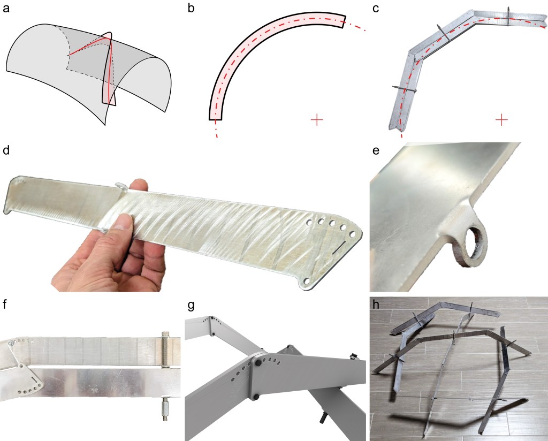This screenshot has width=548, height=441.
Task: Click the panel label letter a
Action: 6,9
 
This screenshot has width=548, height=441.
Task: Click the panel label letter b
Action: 191,7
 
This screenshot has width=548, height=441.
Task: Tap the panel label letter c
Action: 376,9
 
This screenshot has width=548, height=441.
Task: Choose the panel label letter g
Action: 191,306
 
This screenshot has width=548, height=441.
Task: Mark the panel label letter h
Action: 376,305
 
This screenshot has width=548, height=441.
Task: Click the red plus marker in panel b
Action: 317,120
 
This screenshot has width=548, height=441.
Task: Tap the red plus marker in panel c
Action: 501,120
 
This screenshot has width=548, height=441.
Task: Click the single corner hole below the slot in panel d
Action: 307,281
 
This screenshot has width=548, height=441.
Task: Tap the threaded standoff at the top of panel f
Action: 165,349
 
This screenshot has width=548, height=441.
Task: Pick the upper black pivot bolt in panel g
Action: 259,364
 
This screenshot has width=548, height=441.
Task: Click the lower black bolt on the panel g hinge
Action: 256,397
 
